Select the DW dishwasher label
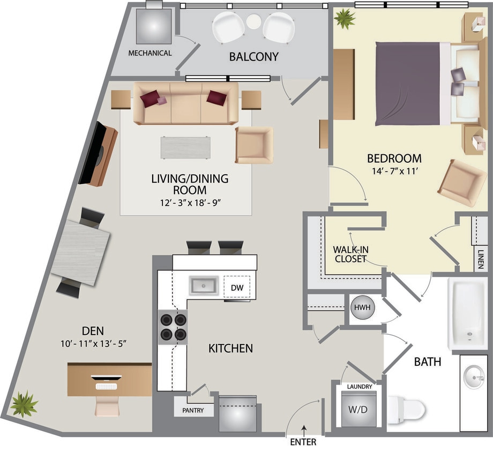click(x=237, y=288)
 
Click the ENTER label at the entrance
click(x=303, y=442)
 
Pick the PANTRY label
click(x=192, y=411)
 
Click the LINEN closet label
click(x=480, y=259)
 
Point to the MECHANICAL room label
click(x=150, y=53)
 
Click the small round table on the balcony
click(x=254, y=21)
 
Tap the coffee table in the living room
click(x=185, y=147)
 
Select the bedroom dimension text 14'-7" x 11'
click(x=394, y=172)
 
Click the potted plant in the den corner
click(x=24, y=404)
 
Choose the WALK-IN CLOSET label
click(x=350, y=254)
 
